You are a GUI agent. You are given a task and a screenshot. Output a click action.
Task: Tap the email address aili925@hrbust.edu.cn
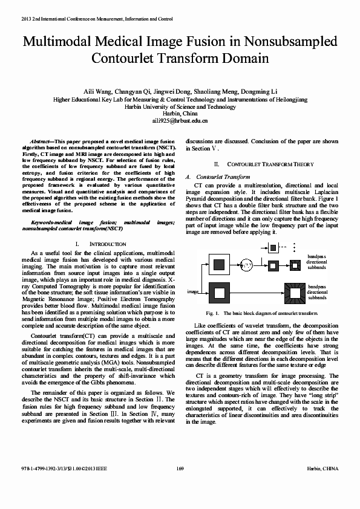pos(180,121)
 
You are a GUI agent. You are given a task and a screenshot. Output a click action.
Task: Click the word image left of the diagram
pos(192,291)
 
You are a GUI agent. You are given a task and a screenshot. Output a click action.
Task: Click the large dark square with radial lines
pos(296,292)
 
